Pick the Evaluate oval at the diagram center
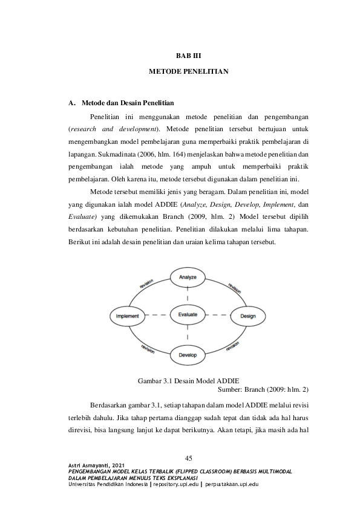click(188, 315)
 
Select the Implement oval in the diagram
click(128, 316)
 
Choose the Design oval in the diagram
click(247, 316)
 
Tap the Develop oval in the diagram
click(188, 355)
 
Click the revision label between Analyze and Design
click(235, 288)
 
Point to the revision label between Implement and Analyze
click(146, 284)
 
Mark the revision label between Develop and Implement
click(148, 348)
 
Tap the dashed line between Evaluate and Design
click(218, 316)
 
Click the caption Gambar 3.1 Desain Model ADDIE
click(188, 380)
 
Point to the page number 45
click(188, 458)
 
